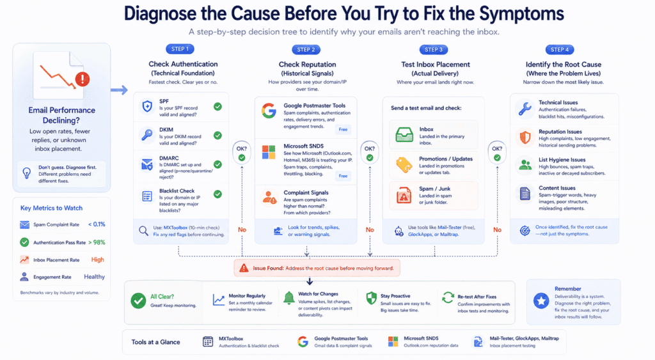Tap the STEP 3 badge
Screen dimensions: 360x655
(x=432, y=49)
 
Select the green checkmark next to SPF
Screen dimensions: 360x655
(x=217, y=106)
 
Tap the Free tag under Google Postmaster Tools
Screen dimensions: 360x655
(x=343, y=129)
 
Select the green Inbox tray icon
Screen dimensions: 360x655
(x=404, y=133)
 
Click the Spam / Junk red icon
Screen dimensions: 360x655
(x=404, y=193)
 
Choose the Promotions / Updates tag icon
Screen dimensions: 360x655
(x=404, y=164)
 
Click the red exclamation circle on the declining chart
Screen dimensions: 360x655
(x=82, y=79)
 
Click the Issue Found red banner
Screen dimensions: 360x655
(x=318, y=267)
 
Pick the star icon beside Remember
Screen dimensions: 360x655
(x=541, y=301)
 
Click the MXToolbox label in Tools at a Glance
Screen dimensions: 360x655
(x=233, y=338)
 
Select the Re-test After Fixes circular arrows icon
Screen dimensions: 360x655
(x=448, y=299)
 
